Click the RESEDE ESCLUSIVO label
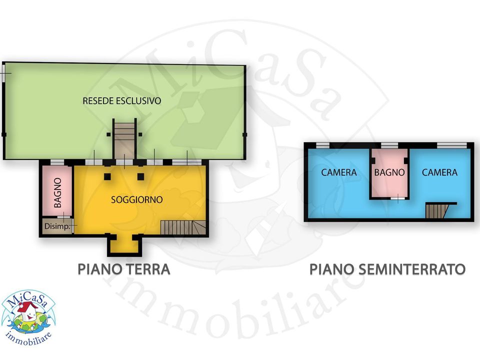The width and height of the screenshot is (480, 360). tap(122, 100)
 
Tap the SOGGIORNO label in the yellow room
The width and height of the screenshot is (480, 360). tap(136, 199)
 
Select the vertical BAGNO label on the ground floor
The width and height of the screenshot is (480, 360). tap(57, 192)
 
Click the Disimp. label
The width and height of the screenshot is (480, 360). tap(57, 226)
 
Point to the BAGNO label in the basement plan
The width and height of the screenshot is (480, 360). tap(389, 172)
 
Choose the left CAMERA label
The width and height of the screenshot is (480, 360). tap(339, 172)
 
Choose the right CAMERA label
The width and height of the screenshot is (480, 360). tap(439, 172)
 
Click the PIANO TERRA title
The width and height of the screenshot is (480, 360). tap(124, 269)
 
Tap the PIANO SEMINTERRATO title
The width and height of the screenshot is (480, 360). tap(387, 269)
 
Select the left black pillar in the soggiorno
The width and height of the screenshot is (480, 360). tap(107, 176)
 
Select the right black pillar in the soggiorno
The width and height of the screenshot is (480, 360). tap(140, 176)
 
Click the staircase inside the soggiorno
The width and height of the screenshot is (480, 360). tap(183, 227)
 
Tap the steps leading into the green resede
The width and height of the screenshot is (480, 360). tap(124, 140)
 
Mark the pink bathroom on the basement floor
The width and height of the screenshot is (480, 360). tap(389, 173)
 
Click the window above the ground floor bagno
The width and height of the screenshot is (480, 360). tap(57, 162)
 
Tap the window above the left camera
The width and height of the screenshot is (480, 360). tap(322, 145)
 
